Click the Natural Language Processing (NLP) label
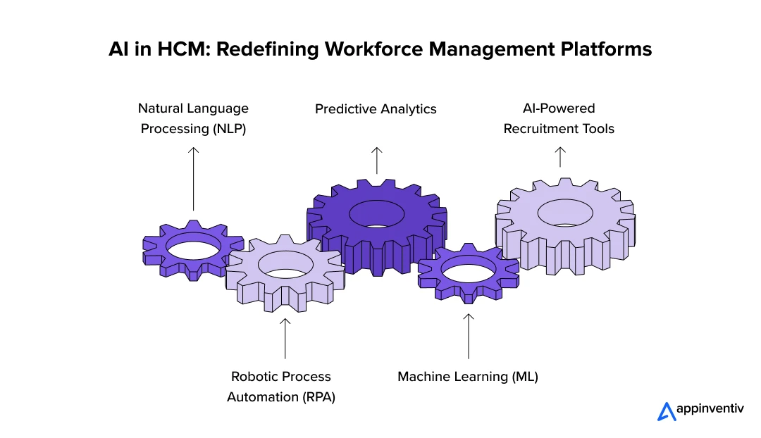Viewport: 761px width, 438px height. pyautogui.click(x=193, y=118)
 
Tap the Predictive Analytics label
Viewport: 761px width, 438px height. pyautogui.click(x=376, y=109)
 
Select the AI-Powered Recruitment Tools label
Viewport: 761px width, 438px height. pyautogui.click(x=559, y=118)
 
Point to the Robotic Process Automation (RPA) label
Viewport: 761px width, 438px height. pyautogui.click(x=280, y=387)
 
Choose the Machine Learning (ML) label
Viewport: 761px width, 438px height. pyautogui.click(x=468, y=377)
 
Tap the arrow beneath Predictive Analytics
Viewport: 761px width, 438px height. pyautogui.click(x=377, y=160)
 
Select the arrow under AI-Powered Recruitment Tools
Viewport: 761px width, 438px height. pyautogui.click(x=560, y=156)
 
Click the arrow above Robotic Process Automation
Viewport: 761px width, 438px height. pyautogui.click(x=285, y=339)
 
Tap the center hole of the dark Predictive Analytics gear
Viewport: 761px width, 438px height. pyautogui.click(x=376, y=213)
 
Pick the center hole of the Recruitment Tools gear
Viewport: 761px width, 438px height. pyautogui.click(x=565, y=213)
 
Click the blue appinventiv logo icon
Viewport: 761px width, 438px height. pyautogui.click(x=666, y=411)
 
